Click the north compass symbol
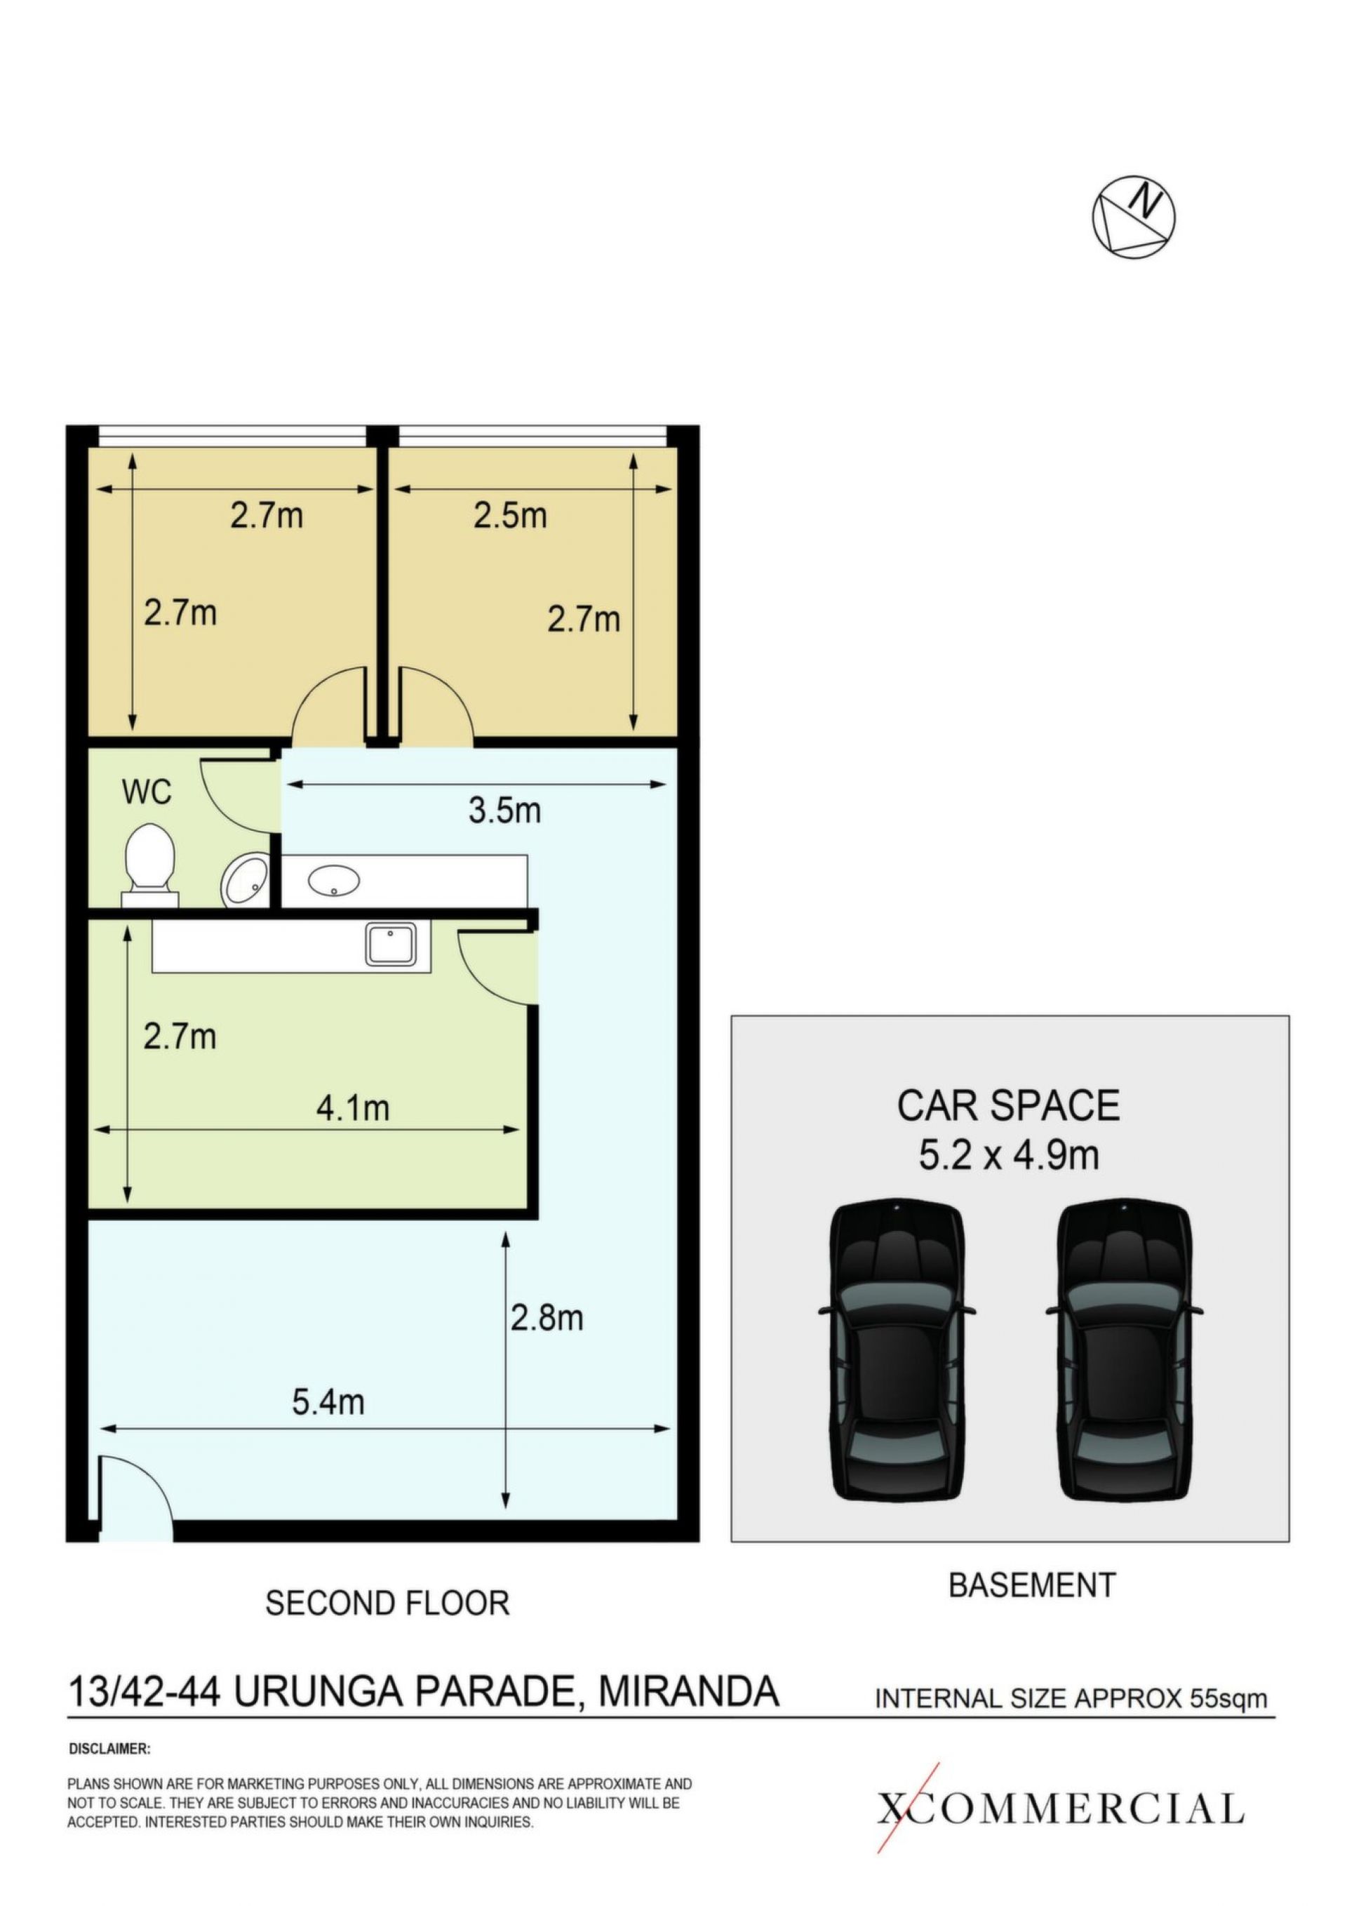[x=1133, y=217]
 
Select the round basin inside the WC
[x=245, y=881]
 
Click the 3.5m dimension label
[x=504, y=811]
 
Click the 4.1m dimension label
[x=353, y=1108]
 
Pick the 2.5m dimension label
[x=511, y=516]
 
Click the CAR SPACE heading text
[x=1008, y=1106]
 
